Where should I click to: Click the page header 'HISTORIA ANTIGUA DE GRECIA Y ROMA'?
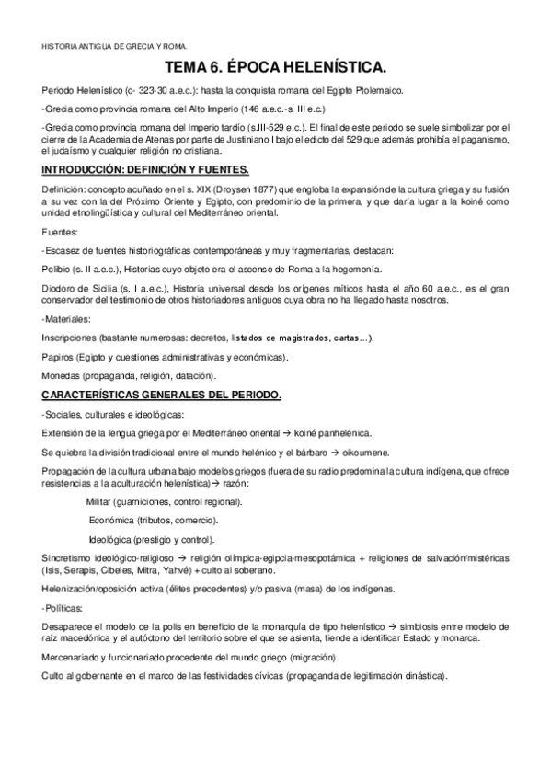click(x=114, y=44)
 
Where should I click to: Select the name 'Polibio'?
click(x=59, y=270)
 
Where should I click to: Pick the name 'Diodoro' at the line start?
click(x=63, y=288)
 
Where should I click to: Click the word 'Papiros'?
click(x=61, y=357)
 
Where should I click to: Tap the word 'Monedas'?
click(x=64, y=375)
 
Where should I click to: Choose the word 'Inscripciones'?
click(x=71, y=338)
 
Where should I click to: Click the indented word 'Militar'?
click(x=101, y=502)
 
